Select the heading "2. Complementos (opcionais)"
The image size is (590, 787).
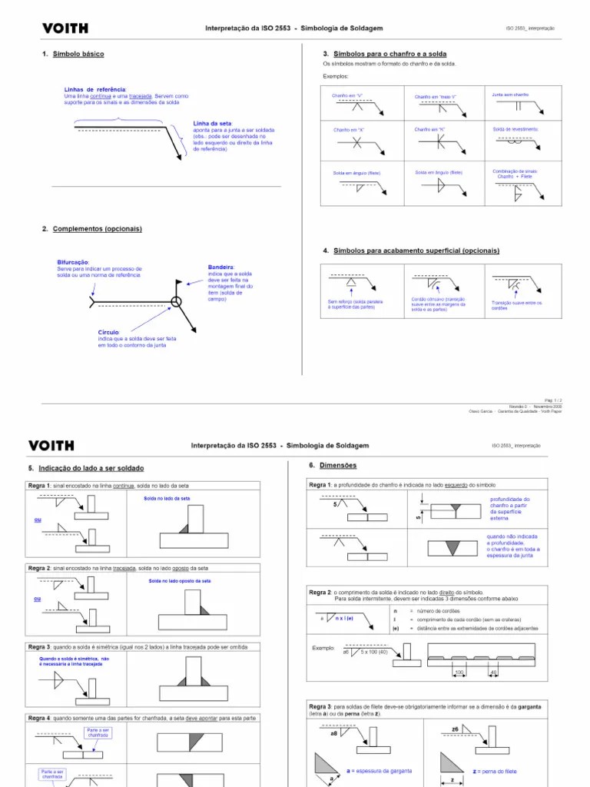pyautogui.click(x=91, y=229)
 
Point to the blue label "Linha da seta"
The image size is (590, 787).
pyautogui.click(x=212, y=123)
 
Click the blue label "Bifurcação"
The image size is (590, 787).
pyautogui.click(x=73, y=262)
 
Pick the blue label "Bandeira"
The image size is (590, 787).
pyautogui.click(x=221, y=267)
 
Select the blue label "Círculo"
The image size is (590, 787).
pyautogui.click(x=108, y=332)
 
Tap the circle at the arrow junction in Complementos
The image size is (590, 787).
pyautogui.click(x=177, y=302)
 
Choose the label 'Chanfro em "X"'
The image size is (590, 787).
pyautogui.click(x=348, y=130)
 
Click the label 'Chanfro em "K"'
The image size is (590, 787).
pyautogui.click(x=429, y=130)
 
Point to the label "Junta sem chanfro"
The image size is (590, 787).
pyautogui.click(x=510, y=95)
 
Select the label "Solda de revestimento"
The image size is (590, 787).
pyautogui.click(x=515, y=129)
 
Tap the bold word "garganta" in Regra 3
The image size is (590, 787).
pyautogui.click(x=529, y=706)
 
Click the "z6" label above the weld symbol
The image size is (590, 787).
pyautogui.click(x=456, y=728)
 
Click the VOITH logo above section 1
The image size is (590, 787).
pyautogui.click(x=65, y=28)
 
